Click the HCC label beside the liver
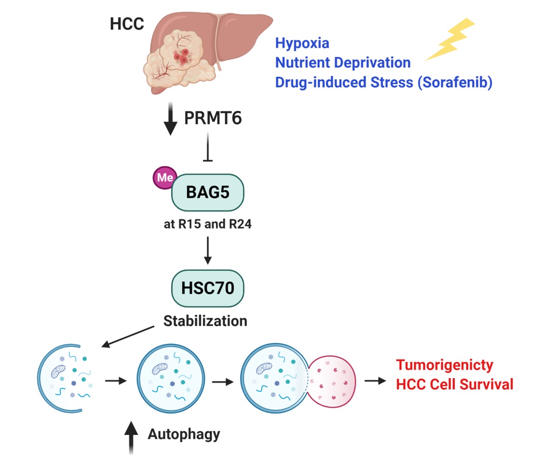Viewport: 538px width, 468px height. [127, 24]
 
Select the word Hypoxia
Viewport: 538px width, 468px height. [302, 42]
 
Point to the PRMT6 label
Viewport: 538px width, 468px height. [213, 119]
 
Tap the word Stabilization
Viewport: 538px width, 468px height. [205, 321]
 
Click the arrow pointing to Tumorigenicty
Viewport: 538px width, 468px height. [375, 381]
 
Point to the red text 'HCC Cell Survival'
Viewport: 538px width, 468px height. [454, 385]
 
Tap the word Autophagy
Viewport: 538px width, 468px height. [184, 434]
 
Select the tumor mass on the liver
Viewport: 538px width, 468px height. [178, 59]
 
